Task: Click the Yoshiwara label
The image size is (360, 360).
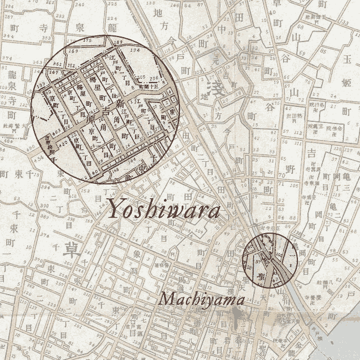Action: click(163, 209)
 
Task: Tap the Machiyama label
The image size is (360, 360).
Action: click(201, 300)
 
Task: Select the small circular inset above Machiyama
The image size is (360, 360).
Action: click(270, 260)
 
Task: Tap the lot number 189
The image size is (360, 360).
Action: click(117, 43)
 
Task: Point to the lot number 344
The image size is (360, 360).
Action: click(8, 36)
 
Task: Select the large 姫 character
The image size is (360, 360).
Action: click(347, 83)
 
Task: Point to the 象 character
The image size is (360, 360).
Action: click(137, 254)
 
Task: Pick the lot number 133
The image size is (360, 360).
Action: click(343, 23)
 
